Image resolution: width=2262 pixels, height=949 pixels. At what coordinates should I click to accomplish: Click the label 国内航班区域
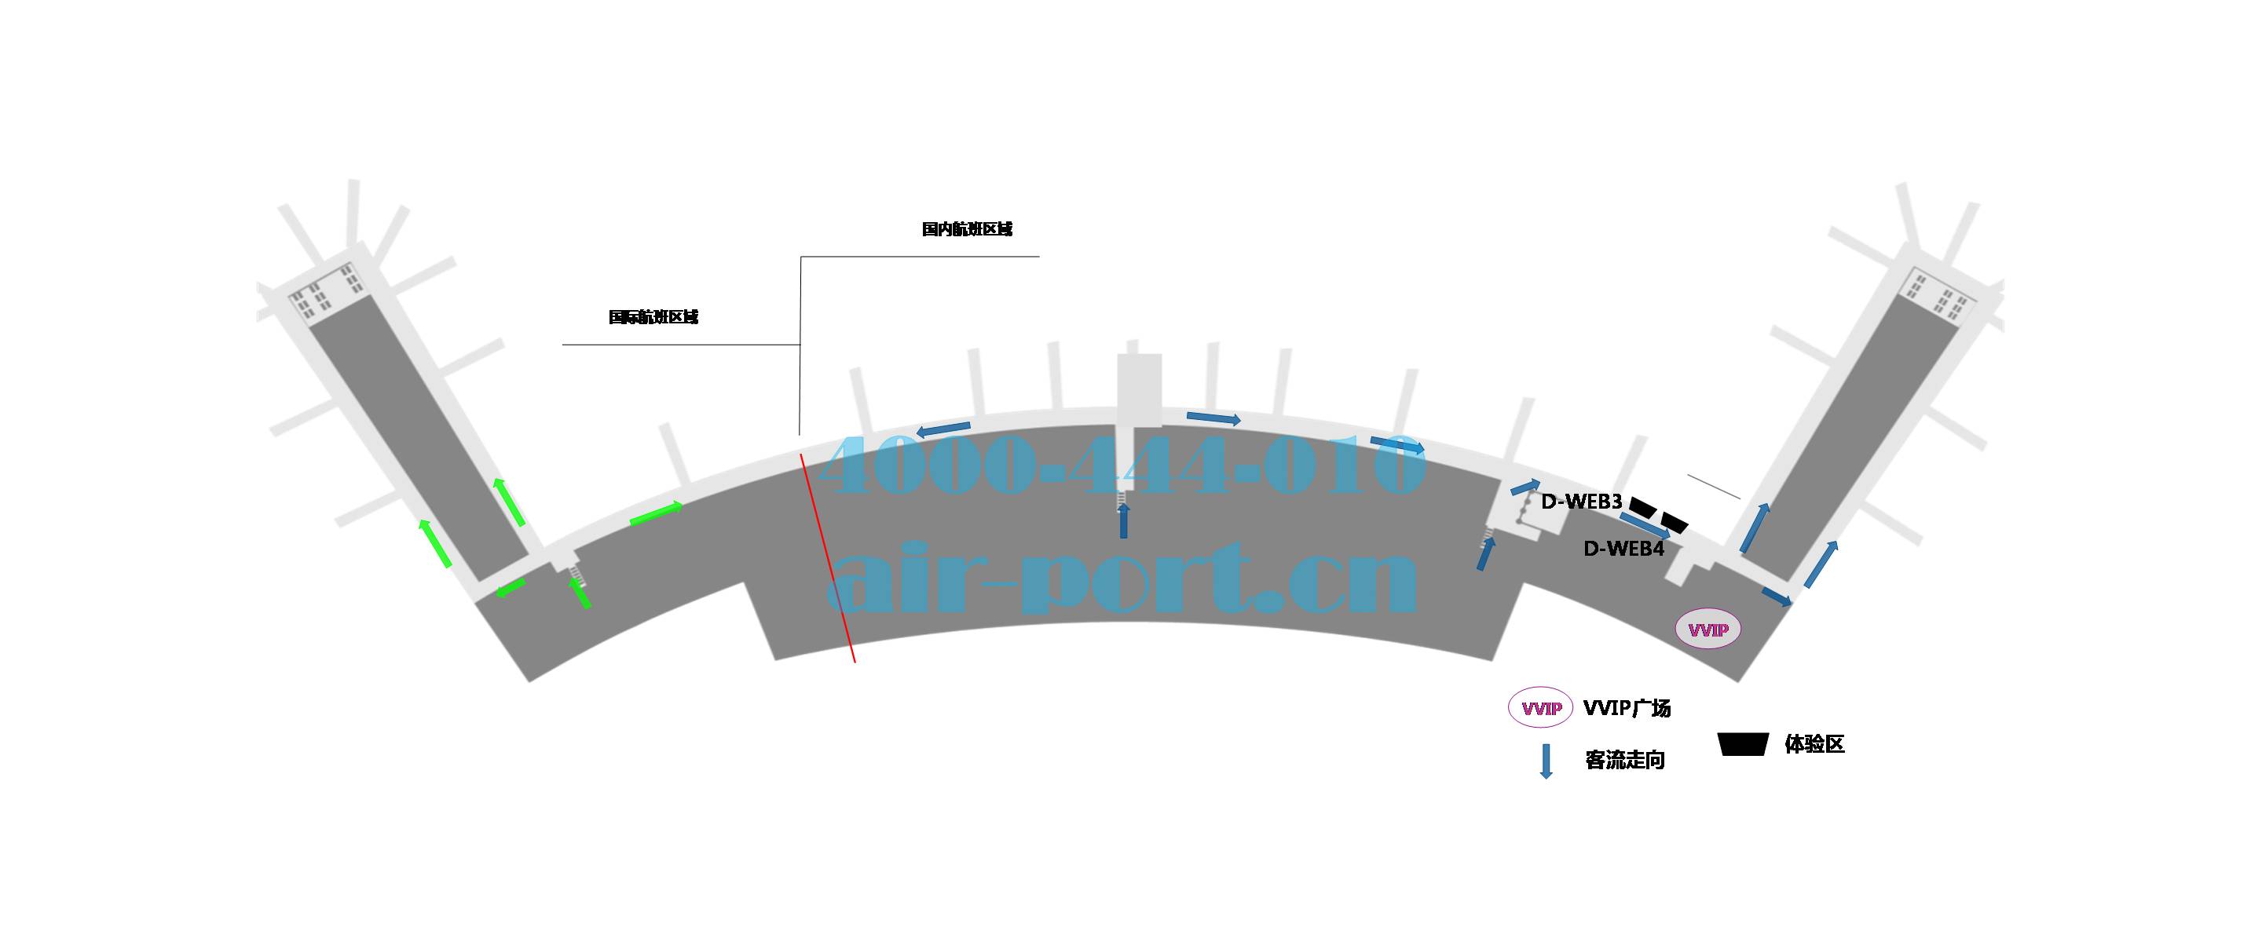coord(967,229)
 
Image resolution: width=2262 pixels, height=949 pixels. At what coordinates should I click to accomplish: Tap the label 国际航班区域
coord(653,317)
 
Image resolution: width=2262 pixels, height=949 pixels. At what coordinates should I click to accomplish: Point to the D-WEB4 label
coord(1623,549)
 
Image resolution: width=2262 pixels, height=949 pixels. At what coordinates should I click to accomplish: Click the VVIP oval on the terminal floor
coord(1708,630)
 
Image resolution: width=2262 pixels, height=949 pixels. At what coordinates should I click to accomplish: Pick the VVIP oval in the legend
coord(1540,706)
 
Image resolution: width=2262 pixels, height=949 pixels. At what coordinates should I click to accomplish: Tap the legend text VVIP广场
coord(1627,707)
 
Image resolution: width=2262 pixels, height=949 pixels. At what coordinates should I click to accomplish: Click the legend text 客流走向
coord(1624,761)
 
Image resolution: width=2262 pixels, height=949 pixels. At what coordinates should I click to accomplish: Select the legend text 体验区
coord(1814,744)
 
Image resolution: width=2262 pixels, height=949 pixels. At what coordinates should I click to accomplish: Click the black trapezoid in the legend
coord(1743,743)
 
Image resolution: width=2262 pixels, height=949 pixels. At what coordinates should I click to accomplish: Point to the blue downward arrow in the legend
coord(1546,761)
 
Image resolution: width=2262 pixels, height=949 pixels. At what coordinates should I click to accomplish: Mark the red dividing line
coord(828,557)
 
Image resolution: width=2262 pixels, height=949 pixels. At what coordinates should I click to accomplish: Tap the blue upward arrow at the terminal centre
coord(1123,521)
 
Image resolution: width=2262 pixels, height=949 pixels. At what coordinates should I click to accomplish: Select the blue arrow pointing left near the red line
coord(944,429)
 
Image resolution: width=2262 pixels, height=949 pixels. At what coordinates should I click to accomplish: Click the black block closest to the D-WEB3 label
coord(1643,506)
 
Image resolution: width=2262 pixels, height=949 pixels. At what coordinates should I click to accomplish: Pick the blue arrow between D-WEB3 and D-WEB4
coord(1645,526)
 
